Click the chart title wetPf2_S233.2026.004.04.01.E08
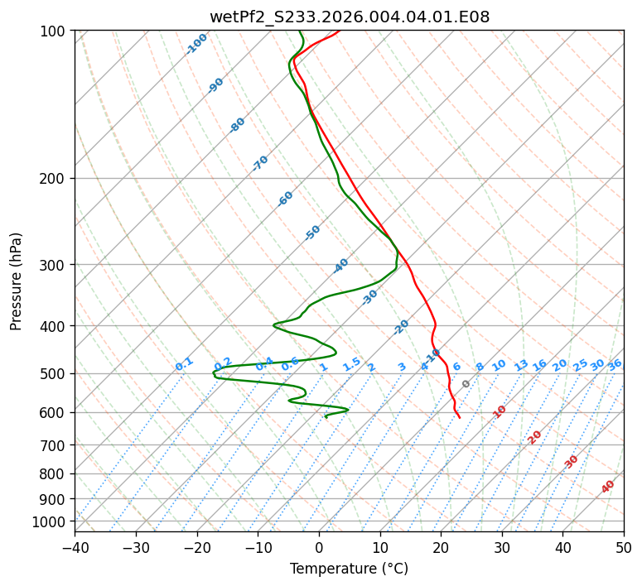[349, 17]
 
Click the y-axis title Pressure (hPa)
[17, 281]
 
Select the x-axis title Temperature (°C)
[349, 569]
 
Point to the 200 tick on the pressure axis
[53, 178]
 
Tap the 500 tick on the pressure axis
[53, 373]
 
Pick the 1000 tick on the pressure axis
[50, 521]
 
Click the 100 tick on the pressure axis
[53, 31]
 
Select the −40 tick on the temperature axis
[75, 547]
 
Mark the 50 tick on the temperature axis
[624, 547]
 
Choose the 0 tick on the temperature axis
[319, 547]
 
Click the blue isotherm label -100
[196, 43]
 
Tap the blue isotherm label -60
[286, 199]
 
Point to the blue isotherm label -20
[401, 327]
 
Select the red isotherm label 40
[608, 487]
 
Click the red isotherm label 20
[535, 436]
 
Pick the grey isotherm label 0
[466, 384]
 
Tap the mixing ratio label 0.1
[184, 364]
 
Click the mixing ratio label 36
[615, 364]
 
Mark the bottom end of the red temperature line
[460, 417]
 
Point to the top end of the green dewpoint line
[300, 31]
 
